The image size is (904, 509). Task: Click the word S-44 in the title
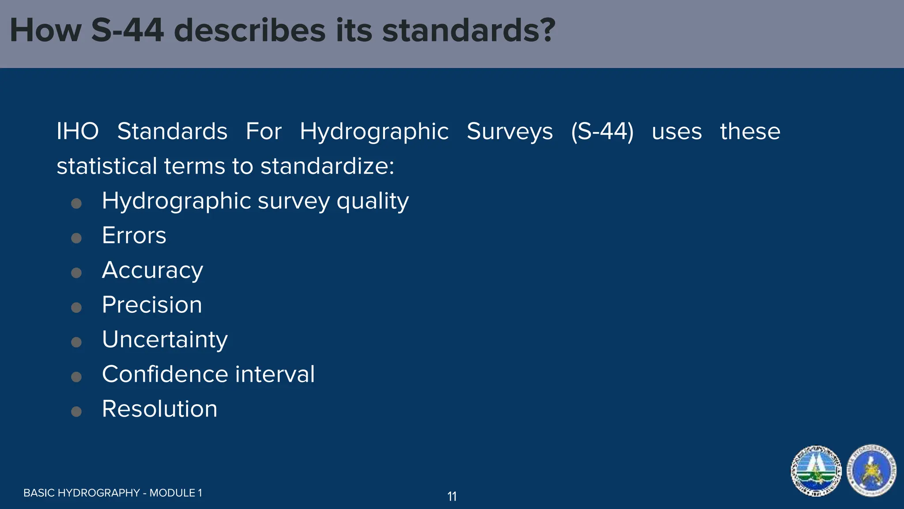point(127,31)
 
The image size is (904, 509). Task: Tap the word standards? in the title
point(468,31)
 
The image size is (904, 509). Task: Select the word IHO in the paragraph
point(78,132)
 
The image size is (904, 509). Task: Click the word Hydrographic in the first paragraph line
point(374,132)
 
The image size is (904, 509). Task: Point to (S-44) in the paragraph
point(602,132)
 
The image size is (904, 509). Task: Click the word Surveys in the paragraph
point(510,132)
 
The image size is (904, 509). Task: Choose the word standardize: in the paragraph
point(327,166)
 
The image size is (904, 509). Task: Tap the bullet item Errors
point(134,236)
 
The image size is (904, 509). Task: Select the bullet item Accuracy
point(152,270)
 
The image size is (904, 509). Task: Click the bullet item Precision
point(152,305)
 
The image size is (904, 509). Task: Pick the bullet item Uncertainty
point(165,339)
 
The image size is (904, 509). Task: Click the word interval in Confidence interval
point(275,374)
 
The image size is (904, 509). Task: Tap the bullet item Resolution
point(159,409)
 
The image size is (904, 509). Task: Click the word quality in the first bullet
point(373,201)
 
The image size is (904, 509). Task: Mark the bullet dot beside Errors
point(76,238)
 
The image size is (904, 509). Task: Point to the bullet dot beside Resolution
point(76,412)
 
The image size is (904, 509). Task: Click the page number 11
point(452,497)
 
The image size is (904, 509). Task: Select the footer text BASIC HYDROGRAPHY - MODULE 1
point(113,493)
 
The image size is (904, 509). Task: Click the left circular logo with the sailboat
point(816,471)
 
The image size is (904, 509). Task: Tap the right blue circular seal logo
point(872,471)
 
